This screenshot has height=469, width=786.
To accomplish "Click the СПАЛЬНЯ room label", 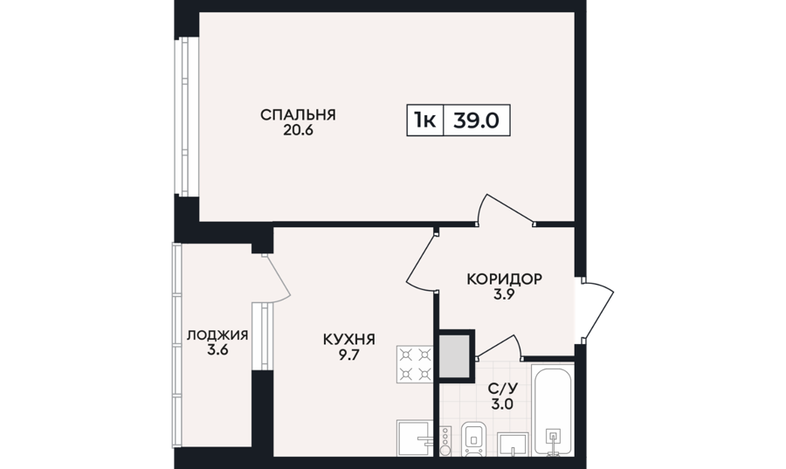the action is (298, 114).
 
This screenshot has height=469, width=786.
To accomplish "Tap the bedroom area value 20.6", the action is (298, 130).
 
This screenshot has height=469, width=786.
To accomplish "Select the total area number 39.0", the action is (476, 121).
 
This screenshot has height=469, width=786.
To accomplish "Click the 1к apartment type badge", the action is (424, 121).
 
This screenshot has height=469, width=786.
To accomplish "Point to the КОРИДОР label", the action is (504, 279).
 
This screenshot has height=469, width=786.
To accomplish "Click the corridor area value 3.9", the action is (504, 294).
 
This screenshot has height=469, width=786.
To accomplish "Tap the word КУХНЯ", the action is (348, 340).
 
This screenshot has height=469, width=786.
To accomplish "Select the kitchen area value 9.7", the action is (348, 355).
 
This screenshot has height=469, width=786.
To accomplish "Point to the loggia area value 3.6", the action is (217, 349).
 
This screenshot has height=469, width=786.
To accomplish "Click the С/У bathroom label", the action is (503, 388).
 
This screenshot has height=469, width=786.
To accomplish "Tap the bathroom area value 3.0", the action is (503, 403).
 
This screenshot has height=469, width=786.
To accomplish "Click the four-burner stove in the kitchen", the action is (415, 364).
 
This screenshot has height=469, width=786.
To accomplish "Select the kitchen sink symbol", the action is (415, 438).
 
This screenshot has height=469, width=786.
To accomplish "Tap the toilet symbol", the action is (473, 438).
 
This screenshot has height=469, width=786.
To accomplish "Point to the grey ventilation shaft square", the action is (454, 356).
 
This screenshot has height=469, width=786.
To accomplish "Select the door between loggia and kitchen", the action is (276, 279).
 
